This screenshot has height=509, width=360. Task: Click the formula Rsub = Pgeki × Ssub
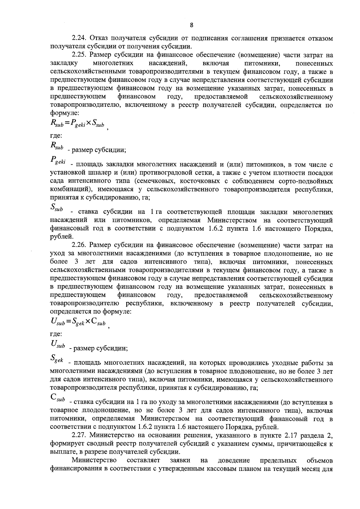(x=77, y=123)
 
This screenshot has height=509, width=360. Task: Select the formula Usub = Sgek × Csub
(x=78, y=323)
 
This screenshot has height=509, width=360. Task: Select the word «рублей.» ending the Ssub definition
(x=60, y=237)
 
